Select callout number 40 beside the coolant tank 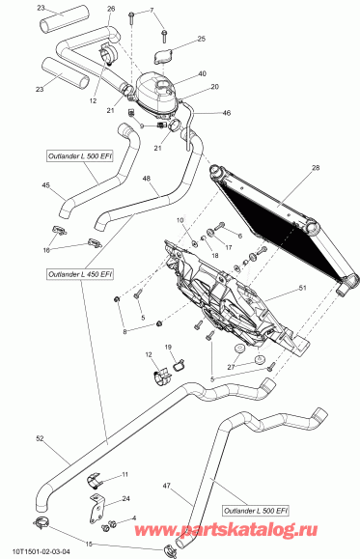(202, 74)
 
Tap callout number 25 (201, 39)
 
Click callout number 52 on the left (40, 440)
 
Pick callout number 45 (46, 186)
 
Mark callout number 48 (146, 178)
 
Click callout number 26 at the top (110, 9)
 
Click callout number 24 (126, 499)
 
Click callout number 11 (125, 475)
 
